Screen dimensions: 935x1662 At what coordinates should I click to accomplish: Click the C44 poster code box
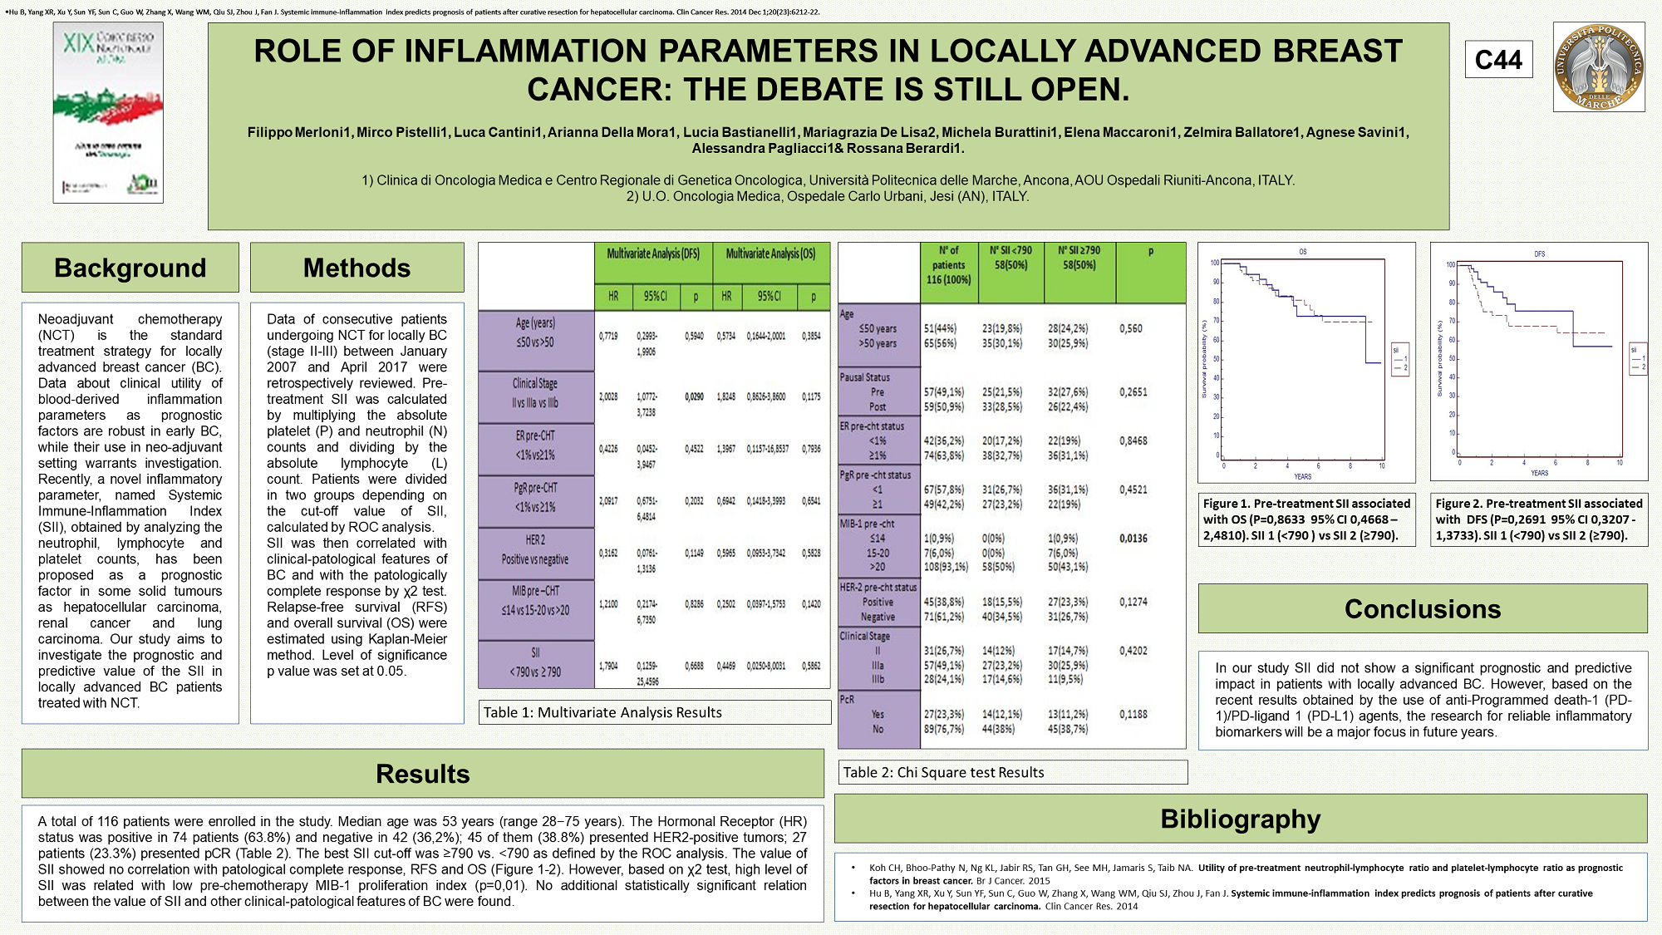(x=1498, y=60)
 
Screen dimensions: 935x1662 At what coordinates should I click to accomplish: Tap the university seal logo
(x=1599, y=67)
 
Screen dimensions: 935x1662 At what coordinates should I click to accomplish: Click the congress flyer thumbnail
(x=108, y=112)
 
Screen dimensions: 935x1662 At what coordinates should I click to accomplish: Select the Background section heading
(x=130, y=268)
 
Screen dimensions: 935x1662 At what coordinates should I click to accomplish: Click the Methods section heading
(x=356, y=268)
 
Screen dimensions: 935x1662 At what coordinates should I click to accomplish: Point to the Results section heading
(x=422, y=774)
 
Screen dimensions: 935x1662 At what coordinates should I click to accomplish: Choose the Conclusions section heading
(x=1422, y=608)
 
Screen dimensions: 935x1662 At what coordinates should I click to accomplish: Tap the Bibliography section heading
(x=1240, y=819)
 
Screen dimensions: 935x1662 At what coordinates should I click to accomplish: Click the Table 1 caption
(x=602, y=712)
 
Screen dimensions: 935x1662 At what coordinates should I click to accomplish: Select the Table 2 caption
(x=943, y=772)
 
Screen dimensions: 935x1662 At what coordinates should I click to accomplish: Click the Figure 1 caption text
(x=1306, y=519)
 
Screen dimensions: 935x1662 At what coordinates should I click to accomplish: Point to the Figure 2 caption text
(x=1538, y=519)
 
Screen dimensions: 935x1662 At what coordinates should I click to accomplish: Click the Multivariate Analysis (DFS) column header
(x=653, y=253)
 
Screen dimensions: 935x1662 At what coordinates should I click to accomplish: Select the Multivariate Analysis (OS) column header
(x=770, y=253)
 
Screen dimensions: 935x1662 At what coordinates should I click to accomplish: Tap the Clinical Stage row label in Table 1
(x=535, y=393)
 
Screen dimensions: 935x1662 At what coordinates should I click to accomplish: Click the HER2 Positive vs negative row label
(x=535, y=549)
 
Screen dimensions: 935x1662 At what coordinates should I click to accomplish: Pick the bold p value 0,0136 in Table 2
(x=1133, y=539)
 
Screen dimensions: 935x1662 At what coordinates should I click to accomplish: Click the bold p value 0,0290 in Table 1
(x=694, y=397)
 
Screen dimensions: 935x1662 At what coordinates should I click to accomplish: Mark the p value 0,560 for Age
(x=1130, y=329)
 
